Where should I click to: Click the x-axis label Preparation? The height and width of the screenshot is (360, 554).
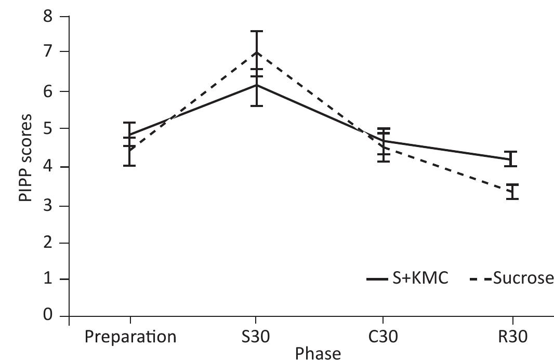click(130, 337)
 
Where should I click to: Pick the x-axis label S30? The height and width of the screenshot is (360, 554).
click(256, 336)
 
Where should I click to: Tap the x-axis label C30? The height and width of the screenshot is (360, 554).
click(383, 336)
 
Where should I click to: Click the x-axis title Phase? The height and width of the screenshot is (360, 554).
click(318, 353)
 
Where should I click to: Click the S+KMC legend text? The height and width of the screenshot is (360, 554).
click(418, 279)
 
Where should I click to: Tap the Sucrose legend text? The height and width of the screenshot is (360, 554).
click(522, 279)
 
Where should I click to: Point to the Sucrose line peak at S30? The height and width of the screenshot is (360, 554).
click(256, 52)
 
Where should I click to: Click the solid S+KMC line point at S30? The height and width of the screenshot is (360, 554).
click(256, 85)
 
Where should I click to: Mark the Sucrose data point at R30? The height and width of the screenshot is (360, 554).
click(512, 191)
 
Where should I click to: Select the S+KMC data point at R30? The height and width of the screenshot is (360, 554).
click(512, 159)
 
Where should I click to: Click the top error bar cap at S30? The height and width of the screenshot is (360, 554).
click(256, 31)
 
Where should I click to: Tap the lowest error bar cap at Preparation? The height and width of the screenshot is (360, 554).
click(130, 166)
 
